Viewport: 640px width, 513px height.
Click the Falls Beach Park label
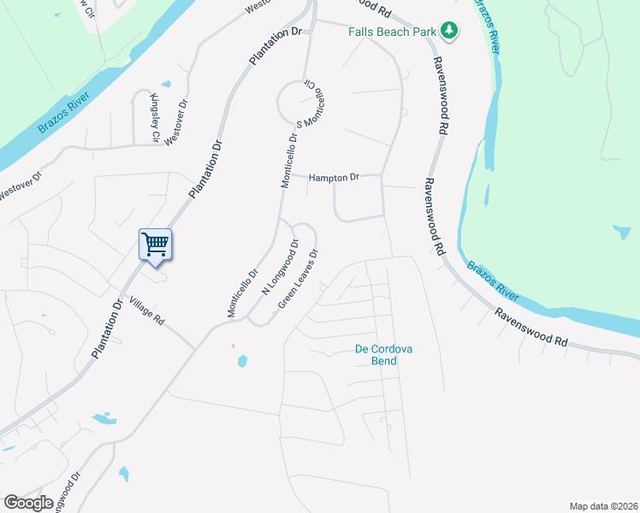pos(392,32)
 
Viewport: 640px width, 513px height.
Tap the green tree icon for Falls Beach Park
pos(449,32)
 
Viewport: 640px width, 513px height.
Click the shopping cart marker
pos(156,245)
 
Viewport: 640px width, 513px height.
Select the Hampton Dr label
pos(333,177)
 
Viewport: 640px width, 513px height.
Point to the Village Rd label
pos(146,310)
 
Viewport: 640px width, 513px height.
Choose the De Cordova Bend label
pos(376,354)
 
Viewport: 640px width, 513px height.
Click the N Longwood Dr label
pos(279,268)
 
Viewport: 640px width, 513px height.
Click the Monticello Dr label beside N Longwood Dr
pos(242,294)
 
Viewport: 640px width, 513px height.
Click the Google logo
pos(28,503)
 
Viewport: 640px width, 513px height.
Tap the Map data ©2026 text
pos(602,506)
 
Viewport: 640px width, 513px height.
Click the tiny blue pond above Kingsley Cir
pos(166,85)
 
